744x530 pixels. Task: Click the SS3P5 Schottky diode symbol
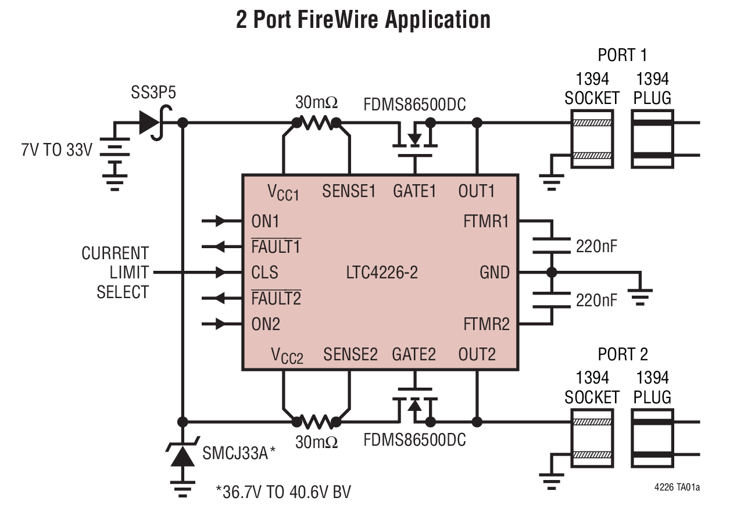pyautogui.click(x=150, y=123)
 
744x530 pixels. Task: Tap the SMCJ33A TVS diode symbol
pyautogui.click(x=184, y=455)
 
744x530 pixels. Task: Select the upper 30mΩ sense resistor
pyautogui.click(x=316, y=123)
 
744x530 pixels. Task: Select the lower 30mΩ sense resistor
pyautogui.click(x=316, y=422)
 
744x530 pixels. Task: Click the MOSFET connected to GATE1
pyautogui.click(x=414, y=139)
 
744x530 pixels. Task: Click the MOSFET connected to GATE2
pyautogui.click(x=414, y=404)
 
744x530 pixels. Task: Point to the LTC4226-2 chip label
pyautogui.click(x=381, y=272)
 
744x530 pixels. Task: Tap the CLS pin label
pyautogui.click(x=264, y=272)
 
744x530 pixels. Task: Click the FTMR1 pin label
pyautogui.click(x=486, y=221)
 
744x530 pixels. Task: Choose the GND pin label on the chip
pyautogui.click(x=494, y=272)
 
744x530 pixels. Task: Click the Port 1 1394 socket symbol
pyautogui.click(x=592, y=139)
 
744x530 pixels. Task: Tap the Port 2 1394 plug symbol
pyautogui.click(x=652, y=438)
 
